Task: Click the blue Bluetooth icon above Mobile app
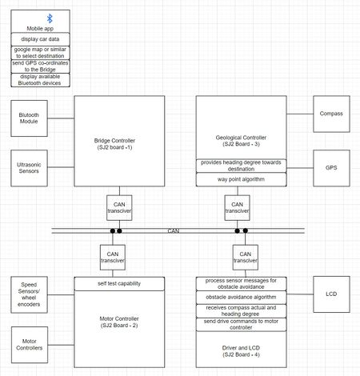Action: pos(50,18)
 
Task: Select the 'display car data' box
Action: pos(40,39)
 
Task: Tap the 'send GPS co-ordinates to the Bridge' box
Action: pos(40,66)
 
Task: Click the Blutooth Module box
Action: pos(29,118)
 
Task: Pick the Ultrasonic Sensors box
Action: pos(29,168)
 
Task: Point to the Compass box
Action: pos(331,114)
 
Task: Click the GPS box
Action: pos(331,168)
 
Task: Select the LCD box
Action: pos(331,294)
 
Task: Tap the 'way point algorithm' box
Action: pos(241,179)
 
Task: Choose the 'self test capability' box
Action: pos(119,284)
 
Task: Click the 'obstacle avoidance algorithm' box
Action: pos(241,298)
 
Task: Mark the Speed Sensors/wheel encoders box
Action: pos(29,294)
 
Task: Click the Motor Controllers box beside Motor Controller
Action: pos(30,345)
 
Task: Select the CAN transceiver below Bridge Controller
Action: pos(119,208)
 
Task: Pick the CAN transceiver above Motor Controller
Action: pos(113,258)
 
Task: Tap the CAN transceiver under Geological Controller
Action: pos(237,208)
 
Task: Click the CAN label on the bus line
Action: pos(174,231)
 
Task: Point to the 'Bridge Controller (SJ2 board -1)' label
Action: pos(114,144)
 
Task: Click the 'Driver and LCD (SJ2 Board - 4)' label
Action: pos(241,351)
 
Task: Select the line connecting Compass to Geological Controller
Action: pos(300,114)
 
